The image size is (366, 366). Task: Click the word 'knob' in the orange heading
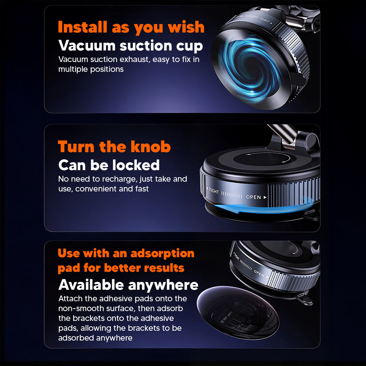click(150, 147)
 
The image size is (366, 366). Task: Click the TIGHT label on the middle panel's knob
click(213, 191)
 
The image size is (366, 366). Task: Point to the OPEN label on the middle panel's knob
click(253, 197)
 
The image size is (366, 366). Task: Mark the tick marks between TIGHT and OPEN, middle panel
click(231, 196)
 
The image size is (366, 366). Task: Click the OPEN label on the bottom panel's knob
click(259, 273)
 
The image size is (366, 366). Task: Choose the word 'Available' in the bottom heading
click(91, 285)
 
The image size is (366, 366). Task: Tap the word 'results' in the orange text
click(164, 268)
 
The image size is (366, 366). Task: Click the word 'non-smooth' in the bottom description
click(79, 308)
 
